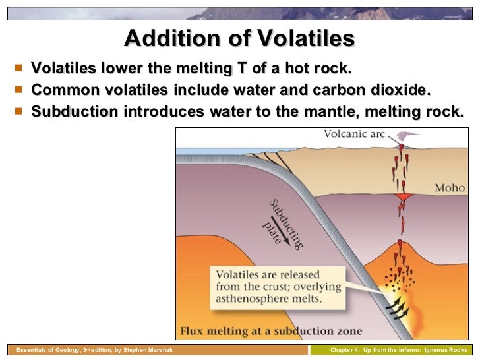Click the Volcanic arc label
tap(353, 135)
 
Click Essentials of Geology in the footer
tap(44, 350)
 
